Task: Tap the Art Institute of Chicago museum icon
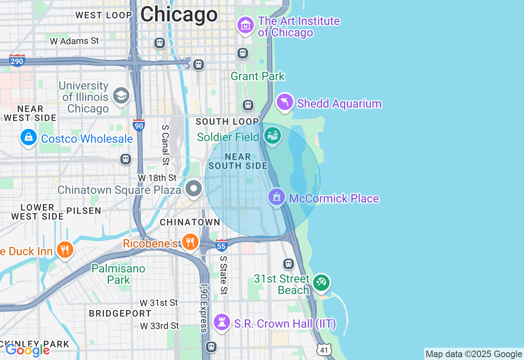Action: point(246,25)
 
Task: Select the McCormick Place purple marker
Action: point(277,197)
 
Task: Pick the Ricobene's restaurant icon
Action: point(190,242)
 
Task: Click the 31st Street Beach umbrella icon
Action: point(321,283)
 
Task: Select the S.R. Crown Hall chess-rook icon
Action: point(222,322)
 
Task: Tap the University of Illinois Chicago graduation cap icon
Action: point(121,96)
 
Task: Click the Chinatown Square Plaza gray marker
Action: point(194,189)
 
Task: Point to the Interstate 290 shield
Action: point(17,61)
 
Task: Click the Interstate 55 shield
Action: point(221,245)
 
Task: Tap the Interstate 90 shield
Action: point(139,125)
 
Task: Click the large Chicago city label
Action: point(179,15)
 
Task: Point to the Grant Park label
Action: point(257,76)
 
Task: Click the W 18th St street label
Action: point(157,178)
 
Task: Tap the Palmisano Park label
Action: point(118,274)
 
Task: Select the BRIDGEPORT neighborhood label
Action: point(120,313)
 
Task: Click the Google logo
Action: point(28,350)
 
